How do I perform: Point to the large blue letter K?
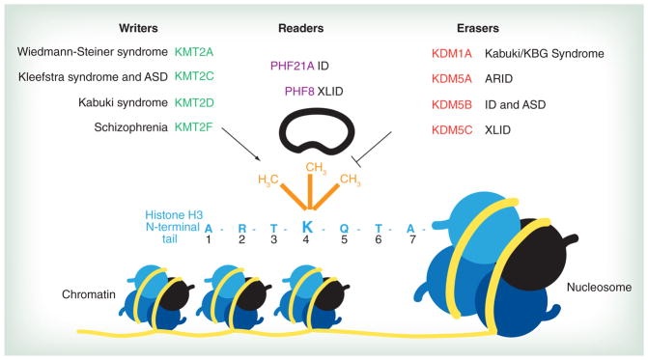[x=307, y=227]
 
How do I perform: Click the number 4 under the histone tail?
[x=307, y=243]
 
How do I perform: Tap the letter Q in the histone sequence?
[x=343, y=228]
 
